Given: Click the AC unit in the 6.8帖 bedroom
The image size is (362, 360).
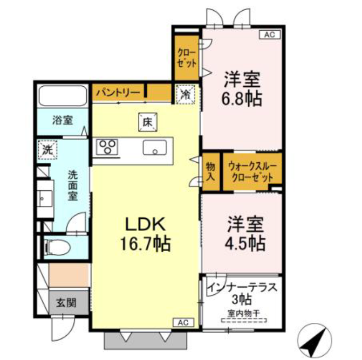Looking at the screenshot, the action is pos(270,34).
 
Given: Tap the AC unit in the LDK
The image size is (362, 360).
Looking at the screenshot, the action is pos(183,323).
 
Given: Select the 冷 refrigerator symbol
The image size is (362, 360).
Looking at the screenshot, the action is pos(185,94).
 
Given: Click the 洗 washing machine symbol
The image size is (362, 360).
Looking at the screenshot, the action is pos(48,150).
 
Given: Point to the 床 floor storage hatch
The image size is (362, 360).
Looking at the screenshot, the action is pos(148,122).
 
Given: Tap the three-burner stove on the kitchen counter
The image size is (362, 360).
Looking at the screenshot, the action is pos(107,147).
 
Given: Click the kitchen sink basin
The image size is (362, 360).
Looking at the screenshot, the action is pos(155,148).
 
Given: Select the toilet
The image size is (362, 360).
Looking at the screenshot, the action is pos(58,248).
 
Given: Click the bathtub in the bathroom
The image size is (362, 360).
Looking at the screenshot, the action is pos(63,96).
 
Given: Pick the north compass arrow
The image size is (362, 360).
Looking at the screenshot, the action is pos(315,340).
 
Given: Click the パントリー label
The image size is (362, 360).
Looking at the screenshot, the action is pos(118,93).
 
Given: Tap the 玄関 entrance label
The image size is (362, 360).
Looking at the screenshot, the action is pos(66,302).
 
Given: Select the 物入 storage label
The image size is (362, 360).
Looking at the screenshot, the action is pos(210,171).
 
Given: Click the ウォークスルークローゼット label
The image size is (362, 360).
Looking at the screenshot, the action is pos(252,172).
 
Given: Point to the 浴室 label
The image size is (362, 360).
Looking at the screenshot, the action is pos(63,120).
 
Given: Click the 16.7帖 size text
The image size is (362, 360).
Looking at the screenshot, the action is pos(145,244).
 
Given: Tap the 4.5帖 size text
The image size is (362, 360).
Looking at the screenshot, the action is pos(245,243).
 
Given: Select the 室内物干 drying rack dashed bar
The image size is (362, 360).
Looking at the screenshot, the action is pos(244,320).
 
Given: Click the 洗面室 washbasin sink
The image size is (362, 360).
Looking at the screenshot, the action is pos(45,198).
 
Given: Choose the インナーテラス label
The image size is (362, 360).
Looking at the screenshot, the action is pos(242,287).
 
